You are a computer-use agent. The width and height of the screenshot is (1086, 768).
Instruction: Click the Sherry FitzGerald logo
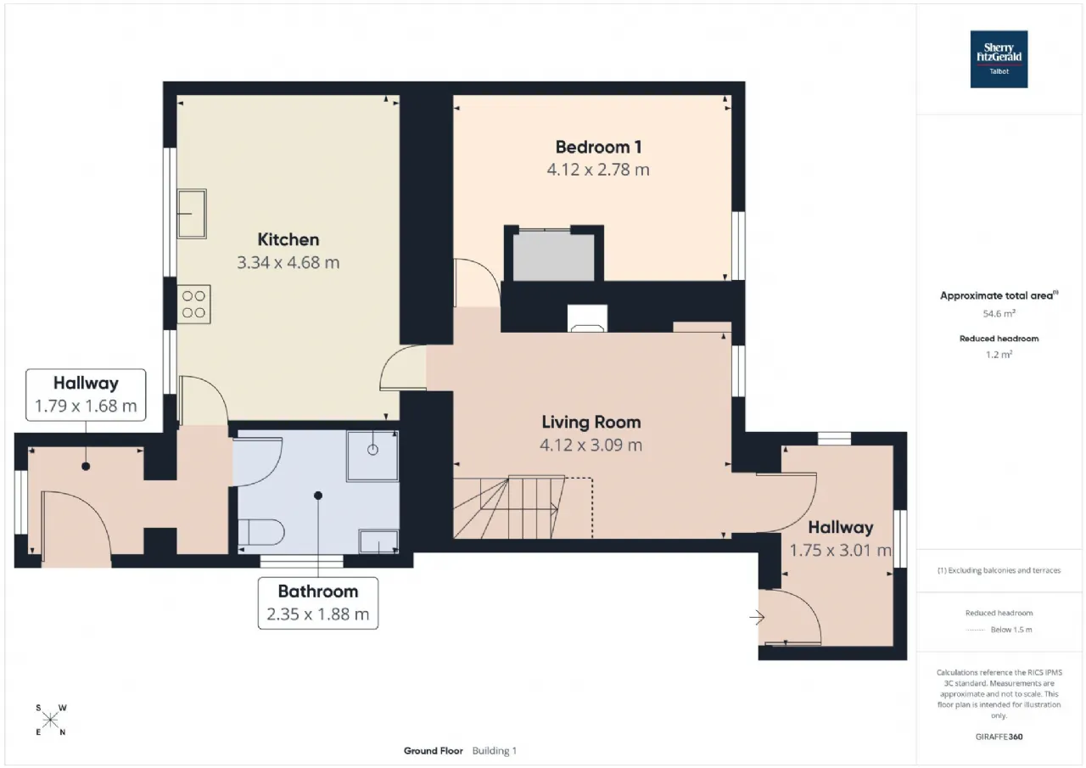999,59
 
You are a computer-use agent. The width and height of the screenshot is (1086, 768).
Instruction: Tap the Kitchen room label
288,239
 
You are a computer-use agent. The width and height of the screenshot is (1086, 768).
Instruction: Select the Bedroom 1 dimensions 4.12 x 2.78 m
598,170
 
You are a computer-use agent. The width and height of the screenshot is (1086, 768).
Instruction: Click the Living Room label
591,423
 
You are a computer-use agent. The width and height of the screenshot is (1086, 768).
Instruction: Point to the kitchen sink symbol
192,214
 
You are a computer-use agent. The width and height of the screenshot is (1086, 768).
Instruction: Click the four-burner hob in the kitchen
193,304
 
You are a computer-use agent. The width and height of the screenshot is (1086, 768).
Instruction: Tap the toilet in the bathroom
260,532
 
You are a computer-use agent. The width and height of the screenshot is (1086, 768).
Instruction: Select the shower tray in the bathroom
372,455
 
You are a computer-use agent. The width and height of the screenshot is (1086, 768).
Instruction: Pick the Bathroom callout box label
318,591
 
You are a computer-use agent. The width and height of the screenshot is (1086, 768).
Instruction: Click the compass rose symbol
50,720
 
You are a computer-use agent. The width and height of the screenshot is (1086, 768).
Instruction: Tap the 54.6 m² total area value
999,314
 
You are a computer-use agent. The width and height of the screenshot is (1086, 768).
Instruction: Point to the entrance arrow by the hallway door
757,618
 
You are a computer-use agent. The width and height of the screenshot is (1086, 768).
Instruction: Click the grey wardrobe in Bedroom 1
554,255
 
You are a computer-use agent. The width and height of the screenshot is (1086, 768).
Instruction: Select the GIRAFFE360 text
999,737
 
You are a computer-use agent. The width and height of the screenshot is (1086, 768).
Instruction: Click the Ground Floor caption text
433,750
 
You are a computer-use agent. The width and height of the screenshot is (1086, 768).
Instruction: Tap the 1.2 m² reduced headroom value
999,355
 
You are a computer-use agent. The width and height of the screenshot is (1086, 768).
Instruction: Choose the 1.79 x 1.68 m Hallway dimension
86,406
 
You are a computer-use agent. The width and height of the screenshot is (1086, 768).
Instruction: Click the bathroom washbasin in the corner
378,541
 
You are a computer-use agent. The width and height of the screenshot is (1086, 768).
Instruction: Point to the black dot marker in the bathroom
318,496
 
